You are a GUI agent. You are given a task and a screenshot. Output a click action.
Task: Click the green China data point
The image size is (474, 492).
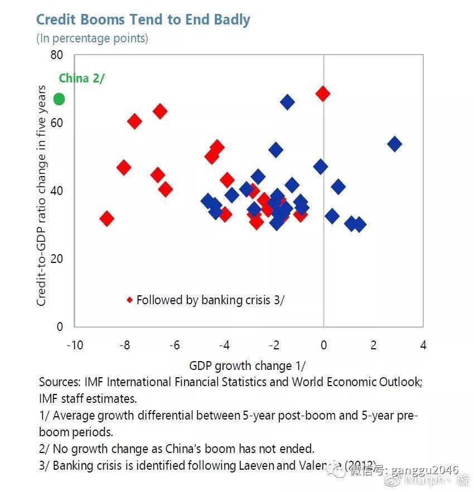point(59,99)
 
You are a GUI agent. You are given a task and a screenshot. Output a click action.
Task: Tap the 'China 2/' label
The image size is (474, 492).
point(81,78)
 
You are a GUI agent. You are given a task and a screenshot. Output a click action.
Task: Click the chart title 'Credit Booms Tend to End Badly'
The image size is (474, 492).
point(143,20)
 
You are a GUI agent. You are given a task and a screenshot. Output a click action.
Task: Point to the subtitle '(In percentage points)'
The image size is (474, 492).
point(92,38)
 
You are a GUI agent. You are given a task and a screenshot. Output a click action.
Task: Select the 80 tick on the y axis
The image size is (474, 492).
point(56,55)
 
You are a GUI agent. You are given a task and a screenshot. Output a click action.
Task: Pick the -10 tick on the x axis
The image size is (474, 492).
point(75,345)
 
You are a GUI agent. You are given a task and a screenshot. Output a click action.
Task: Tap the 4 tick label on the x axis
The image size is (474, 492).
point(423,345)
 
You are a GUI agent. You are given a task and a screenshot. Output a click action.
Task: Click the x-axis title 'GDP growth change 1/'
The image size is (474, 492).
point(248,366)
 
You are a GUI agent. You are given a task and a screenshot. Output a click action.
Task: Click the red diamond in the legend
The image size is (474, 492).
point(129,300)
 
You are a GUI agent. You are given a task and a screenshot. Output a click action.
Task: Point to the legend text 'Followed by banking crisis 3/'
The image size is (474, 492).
point(211,300)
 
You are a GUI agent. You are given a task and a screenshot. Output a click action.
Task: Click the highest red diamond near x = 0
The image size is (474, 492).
point(322,94)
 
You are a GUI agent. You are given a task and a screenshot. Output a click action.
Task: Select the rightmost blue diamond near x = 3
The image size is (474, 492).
point(394,144)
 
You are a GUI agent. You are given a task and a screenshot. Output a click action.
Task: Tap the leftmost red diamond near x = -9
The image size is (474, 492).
point(107,218)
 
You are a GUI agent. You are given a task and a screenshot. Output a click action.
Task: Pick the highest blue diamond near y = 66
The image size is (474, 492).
point(287,101)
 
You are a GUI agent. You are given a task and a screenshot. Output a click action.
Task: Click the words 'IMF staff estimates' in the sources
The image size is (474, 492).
point(88,399)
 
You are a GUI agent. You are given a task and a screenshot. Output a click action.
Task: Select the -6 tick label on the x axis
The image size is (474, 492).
point(175,345)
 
